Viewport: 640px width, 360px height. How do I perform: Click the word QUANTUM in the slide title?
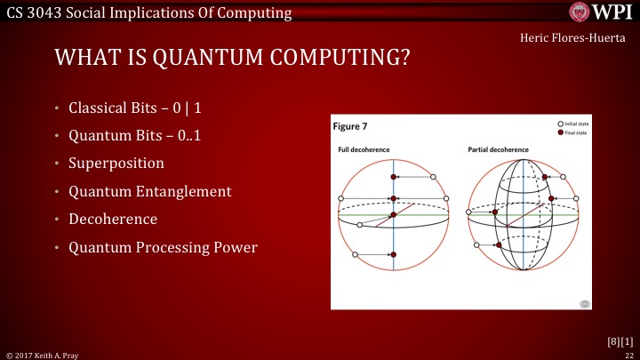point(183,59)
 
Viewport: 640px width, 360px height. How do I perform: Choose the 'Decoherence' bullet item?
point(113,219)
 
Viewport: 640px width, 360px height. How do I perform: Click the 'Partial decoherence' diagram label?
point(499,149)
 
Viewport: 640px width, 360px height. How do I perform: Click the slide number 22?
point(628,353)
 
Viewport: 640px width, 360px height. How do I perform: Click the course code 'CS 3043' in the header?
point(33,12)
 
